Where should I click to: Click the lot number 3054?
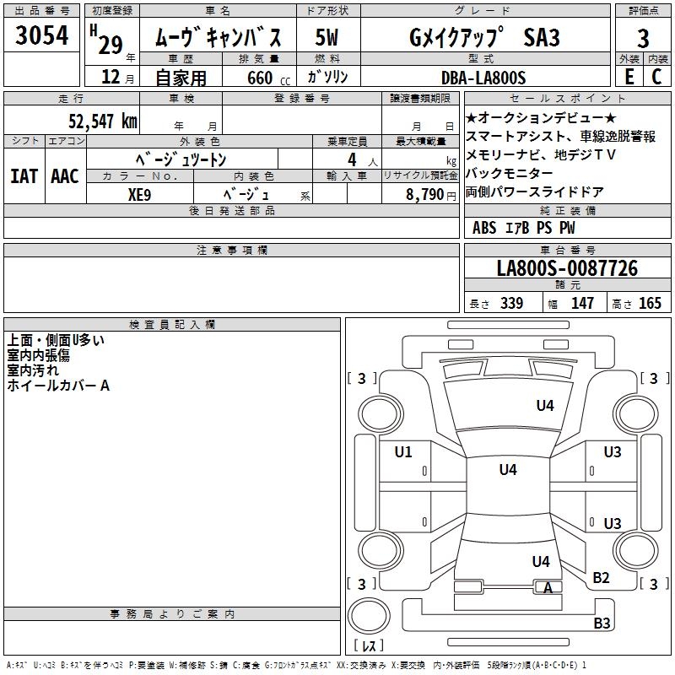(42, 36)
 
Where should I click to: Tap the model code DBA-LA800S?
(483, 78)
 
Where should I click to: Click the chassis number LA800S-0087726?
(567, 269)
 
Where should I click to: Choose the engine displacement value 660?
(260, 78)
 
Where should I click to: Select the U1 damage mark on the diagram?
(403, 452)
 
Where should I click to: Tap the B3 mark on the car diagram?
(602, 624)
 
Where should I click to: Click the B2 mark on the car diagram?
(601, 577)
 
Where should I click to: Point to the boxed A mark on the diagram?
(548, 588)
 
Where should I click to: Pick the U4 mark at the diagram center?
(507, 470)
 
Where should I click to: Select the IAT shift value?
(24, 175)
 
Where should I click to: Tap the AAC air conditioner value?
(64, 175)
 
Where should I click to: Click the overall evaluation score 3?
(643, 37)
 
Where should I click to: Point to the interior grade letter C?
(656, 77)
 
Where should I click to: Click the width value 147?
(583, 304)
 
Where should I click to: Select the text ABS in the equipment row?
(484, 228)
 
